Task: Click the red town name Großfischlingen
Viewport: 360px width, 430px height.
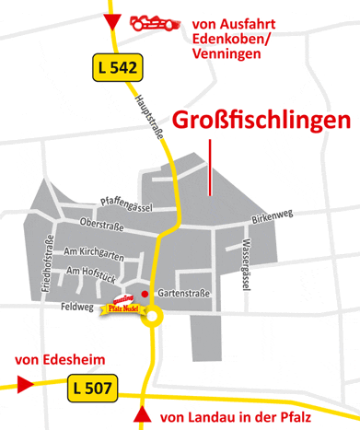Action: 261,121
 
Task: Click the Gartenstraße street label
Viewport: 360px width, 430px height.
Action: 184,294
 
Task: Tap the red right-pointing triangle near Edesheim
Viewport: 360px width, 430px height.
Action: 24,383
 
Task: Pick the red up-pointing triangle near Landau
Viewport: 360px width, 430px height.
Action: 142,416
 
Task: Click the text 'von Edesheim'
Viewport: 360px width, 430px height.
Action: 53,358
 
